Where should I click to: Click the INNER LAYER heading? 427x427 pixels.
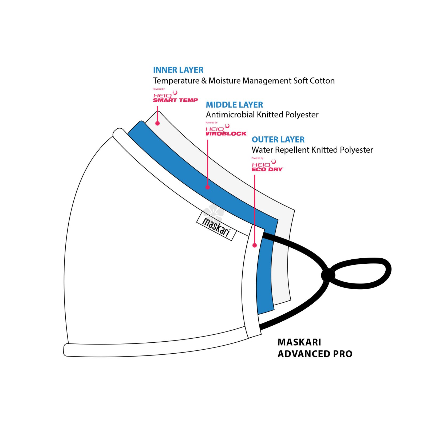click(x=178, y=70)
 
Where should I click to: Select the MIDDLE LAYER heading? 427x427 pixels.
click(x=234, y=105)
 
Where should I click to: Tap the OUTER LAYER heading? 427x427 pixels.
click(x=278, y=140)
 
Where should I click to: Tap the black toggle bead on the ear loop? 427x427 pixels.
click(x=328, y=275)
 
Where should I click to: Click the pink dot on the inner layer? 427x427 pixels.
click(x=157, y=123)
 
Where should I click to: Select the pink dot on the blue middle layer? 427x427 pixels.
click(x=208, y=187)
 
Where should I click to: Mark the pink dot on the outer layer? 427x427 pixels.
click(x=255, y=245)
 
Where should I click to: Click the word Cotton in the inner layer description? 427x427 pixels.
click(x=322, y=81)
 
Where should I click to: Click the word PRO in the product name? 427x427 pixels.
click(x=343, y=354)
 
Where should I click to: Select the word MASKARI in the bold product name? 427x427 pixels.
click(x=299, y=342)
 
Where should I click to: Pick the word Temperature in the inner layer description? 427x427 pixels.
click(x=176, y=81)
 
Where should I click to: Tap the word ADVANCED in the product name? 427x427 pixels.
click(x=304, y=354)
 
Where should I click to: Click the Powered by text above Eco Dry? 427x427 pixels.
click(x=257, y=158)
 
